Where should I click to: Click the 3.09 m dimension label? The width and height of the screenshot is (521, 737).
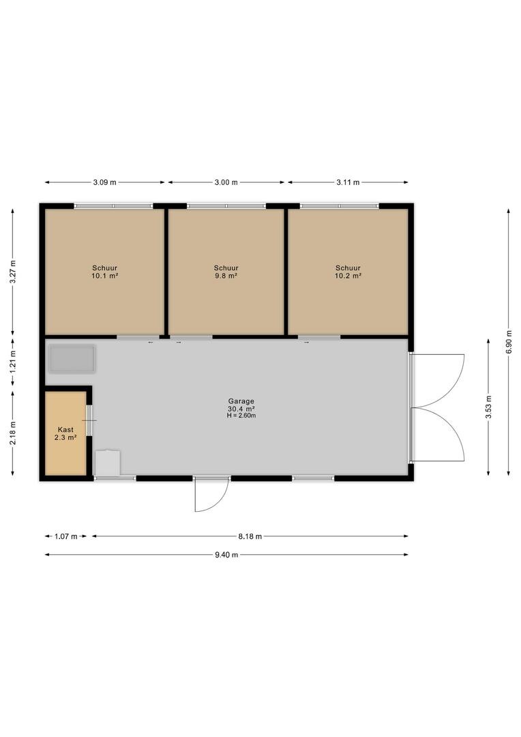tap(105, 182)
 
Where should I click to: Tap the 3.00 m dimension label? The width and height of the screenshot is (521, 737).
tap(226, 182)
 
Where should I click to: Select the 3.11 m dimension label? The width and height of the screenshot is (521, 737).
tap(348, 182)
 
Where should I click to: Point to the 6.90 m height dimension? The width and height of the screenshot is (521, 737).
tap(508, 342)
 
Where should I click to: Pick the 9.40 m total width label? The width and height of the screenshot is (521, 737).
tap(226, 555)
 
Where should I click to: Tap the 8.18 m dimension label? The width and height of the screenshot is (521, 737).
tap(250, 536)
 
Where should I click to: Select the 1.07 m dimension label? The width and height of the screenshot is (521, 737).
tap(65, 536)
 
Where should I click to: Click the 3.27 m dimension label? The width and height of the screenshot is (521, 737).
tap(13, 272)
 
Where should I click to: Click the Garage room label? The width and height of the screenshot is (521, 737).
tap(241, 401)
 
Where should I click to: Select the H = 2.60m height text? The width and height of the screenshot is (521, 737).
tap(241, 416)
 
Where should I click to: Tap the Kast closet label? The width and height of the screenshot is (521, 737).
tap(65, 430)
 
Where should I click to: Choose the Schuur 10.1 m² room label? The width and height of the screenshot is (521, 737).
tap(105, 272)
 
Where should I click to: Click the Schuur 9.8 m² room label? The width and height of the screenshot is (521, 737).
tap(226, 272)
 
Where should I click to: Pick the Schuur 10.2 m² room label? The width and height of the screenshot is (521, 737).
tap(348, 272)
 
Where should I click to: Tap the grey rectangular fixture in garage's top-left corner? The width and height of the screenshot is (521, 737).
tap(72, 359)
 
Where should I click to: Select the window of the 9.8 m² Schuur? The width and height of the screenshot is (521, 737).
tap(226, 206)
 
